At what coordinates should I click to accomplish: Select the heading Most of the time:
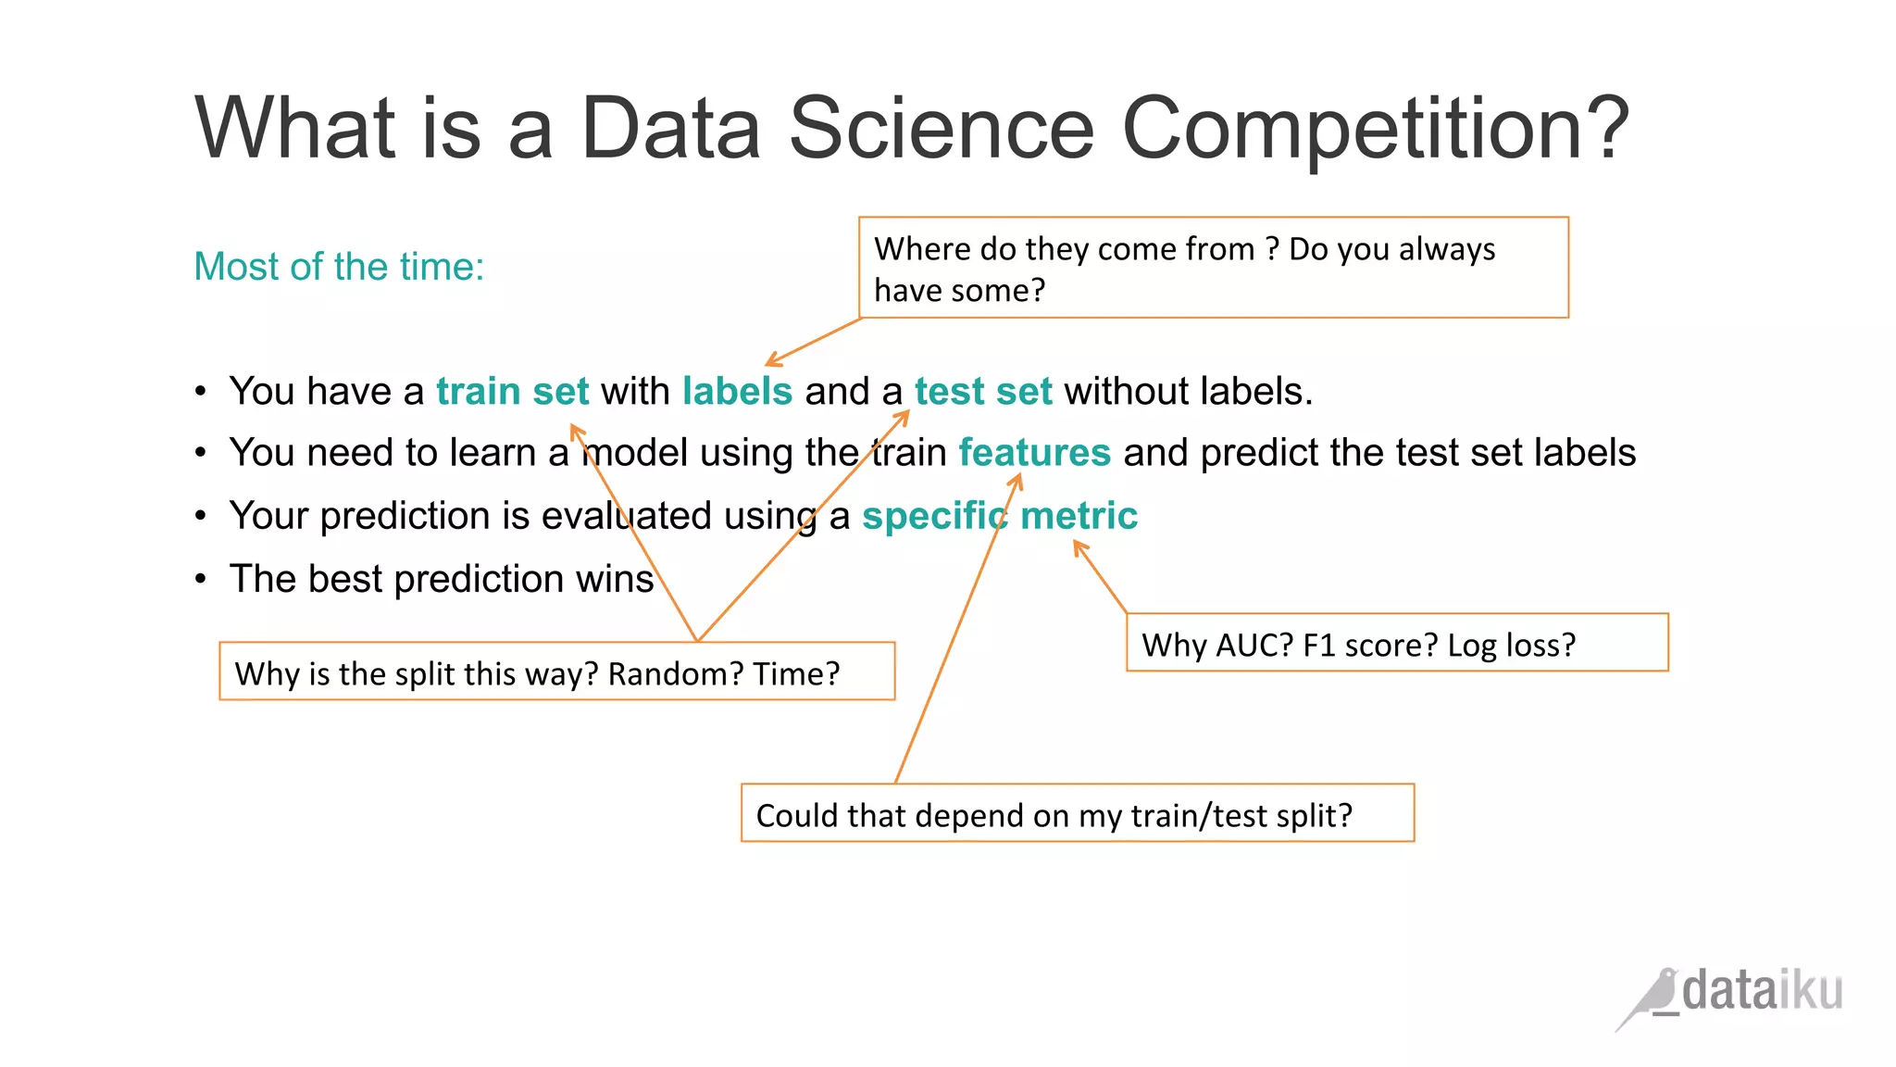point(339,267)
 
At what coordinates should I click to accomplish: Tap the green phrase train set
point(512,391)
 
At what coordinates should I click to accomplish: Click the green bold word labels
point(737,391)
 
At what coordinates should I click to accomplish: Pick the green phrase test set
point(983,391)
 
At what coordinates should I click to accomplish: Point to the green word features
point(1034,453)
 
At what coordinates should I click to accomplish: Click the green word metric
point(1079,516)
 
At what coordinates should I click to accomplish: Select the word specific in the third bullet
point(934,516)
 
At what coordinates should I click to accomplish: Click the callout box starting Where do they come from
point(1213,269)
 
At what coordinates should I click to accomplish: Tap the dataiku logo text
point(1762,991)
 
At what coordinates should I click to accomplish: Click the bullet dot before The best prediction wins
point(201,580)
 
